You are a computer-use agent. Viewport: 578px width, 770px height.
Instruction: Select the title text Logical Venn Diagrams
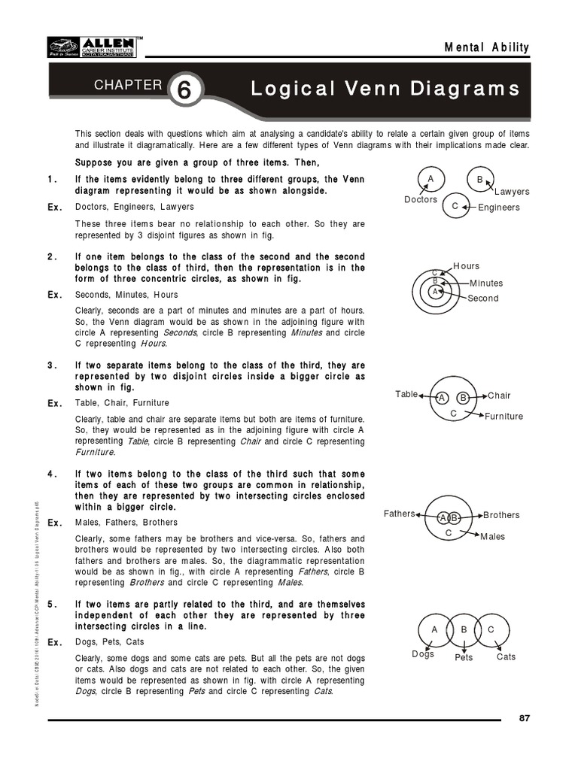coord(385,89)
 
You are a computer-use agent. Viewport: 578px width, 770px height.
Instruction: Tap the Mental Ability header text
coord(488,47)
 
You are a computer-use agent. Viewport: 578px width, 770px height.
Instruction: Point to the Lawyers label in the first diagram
coord(512,192)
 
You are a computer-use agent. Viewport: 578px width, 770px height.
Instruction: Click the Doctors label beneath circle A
coord(421,200)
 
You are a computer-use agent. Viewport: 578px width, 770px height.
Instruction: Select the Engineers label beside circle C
coord(499,208)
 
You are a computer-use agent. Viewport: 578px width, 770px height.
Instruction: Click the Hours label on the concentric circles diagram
coord(467,266)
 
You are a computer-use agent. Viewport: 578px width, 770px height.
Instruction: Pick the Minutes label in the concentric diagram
coord(486,283)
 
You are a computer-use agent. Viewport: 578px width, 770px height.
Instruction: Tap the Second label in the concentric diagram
coord(483,299)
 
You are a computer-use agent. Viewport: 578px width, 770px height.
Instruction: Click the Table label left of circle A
coord(406,394)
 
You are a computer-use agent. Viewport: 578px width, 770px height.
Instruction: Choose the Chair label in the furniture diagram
coord(499,396)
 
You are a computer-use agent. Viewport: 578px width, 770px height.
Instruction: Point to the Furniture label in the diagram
coord(504,417)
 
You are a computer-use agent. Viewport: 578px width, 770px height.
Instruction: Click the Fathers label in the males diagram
coord(399,514)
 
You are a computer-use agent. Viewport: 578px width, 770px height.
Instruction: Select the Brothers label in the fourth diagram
coord(501,515)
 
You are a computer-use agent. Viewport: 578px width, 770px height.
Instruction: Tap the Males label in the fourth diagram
coord(493,537)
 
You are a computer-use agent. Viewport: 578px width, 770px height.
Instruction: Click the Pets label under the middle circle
coord(464,658)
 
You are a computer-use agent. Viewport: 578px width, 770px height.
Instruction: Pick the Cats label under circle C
coord(507,657)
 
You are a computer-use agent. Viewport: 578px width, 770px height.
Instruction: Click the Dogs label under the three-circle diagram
coord(423,654)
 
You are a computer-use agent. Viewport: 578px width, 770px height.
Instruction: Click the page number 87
coord(525,717)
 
